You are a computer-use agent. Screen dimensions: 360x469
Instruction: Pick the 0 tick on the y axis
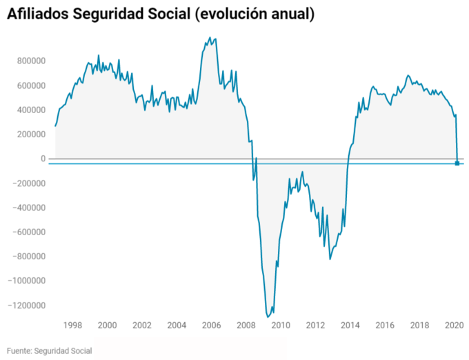point(43,159)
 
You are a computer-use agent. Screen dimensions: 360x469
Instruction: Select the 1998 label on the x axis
point(73,325)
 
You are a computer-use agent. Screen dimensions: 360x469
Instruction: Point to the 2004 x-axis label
point(177,325)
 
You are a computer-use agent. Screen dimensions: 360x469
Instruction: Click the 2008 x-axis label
point(246,325)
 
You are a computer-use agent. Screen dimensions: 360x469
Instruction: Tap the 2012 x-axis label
point(315,325)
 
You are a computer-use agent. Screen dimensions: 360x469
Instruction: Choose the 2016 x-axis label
point(385,325)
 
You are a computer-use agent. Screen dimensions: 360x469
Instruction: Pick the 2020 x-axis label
point(453,325)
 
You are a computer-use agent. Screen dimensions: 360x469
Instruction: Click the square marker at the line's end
point(457,163)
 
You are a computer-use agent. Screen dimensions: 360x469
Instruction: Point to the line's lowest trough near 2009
point(268,317)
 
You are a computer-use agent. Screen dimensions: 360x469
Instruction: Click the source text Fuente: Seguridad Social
point(50,351)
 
